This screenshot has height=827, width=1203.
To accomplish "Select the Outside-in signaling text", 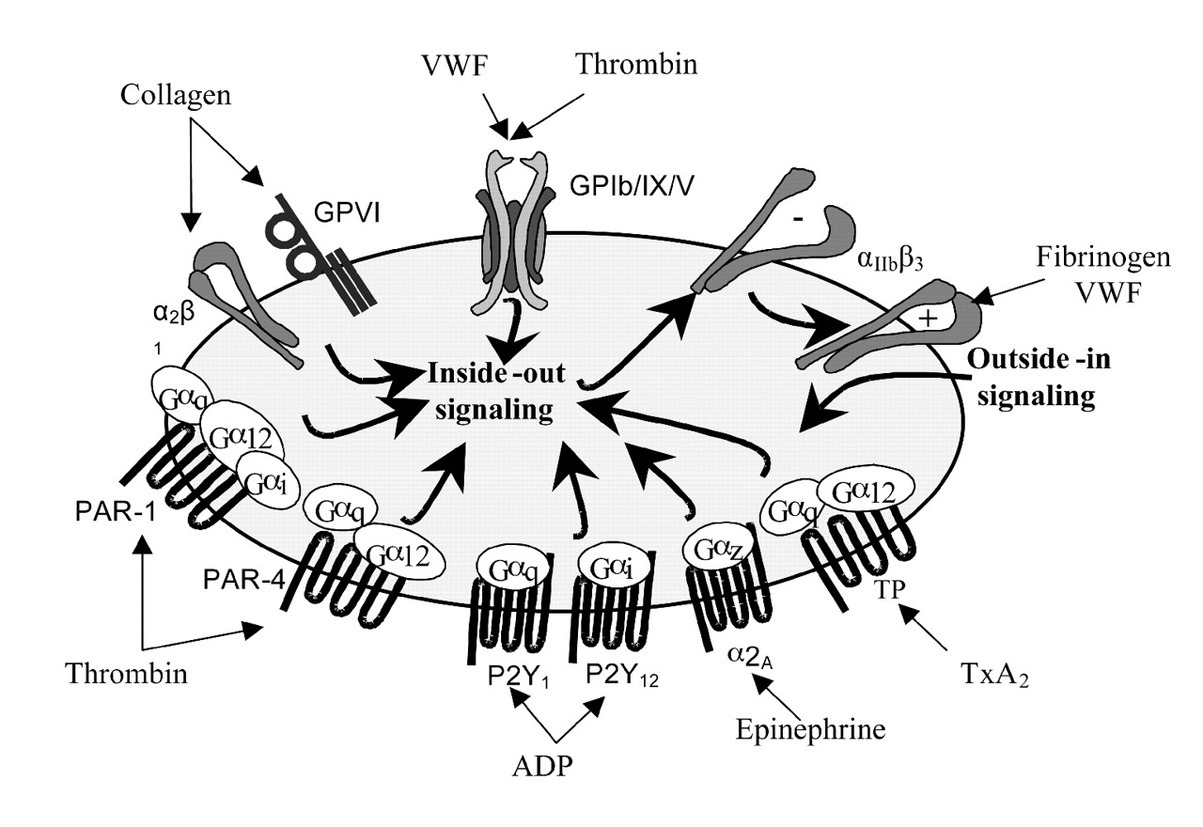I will (1036, 379).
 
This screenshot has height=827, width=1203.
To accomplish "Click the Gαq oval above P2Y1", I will (508, 568).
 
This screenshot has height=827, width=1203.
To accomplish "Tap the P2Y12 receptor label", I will (622, 672).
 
